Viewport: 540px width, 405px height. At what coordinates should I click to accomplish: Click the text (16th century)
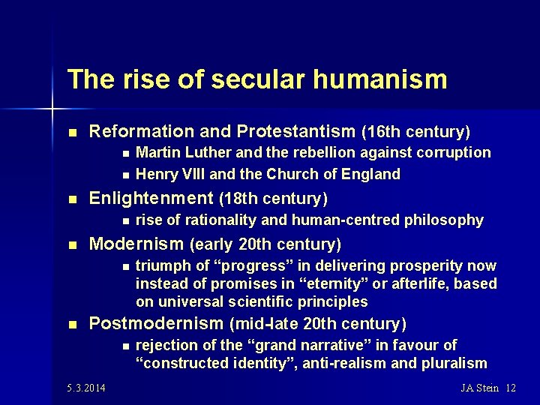point(416,133)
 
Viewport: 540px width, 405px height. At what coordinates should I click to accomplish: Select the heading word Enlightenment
point(151,199)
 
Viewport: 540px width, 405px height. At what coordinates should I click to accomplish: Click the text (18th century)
point(274,199)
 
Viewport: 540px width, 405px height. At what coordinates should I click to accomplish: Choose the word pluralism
point(453,364)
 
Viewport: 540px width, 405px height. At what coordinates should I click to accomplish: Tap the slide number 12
point(511,388)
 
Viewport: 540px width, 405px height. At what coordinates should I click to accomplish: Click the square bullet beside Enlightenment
point(72,199)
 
